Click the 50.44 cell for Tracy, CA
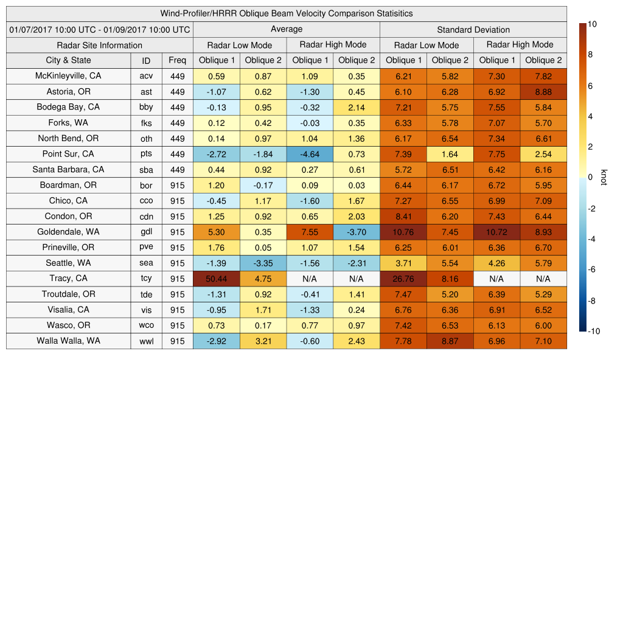tap(217, 279)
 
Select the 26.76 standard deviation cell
tap(403, 279)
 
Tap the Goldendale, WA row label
tap(68, 232)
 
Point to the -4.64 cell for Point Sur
tap(310, 154)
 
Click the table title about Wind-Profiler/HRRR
tap(287, 13)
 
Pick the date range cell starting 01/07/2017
tap(100, 29)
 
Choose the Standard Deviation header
tap(473, 29)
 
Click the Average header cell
tap(286, 29)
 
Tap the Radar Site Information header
tap(100, 45)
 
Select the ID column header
tap(146, 60)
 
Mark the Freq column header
tap(177, 60)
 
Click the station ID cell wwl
tap(146, 341)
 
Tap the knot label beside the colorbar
tap(604, 177)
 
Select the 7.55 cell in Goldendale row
tap(310, 232)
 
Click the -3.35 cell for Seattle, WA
tap(263, 263)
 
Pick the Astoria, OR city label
tap(68, 92)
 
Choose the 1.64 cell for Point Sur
tap(450, 154)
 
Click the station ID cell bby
tap(146, 107)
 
